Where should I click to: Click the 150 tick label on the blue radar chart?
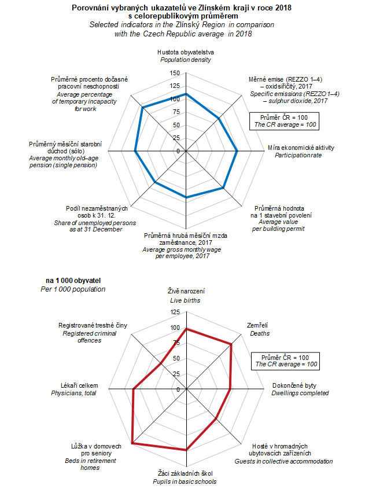[x=175, y=73]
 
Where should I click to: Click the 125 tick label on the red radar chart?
[x=175, y=312]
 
